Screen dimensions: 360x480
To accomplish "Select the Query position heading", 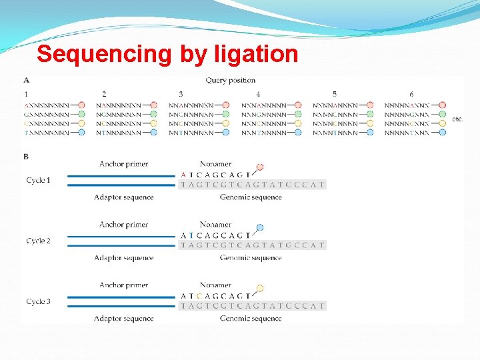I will pos(230,81).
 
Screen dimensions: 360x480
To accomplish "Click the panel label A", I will pos(26,81).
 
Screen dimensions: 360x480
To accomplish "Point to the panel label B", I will pos(26,157).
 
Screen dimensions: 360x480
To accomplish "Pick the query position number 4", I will pos(258,95).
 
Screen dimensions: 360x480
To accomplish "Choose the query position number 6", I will pos(411,95).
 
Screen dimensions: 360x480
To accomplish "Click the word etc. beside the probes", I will pos(457,119).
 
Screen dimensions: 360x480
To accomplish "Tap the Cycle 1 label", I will pos(39,181).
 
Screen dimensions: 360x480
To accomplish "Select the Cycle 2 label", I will pos(39,241).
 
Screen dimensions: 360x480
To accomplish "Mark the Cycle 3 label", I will pos(39,301).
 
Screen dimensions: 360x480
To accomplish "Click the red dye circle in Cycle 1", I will pos(260,167).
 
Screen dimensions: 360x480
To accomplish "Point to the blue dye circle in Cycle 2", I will pos(260,227).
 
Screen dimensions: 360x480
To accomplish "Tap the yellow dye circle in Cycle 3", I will pos(260,288).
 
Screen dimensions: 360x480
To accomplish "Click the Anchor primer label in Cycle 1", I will pos(123,164).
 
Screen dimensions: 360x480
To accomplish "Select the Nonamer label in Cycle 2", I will pos(215,225).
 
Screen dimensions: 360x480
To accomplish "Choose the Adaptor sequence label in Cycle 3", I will pos(124,319).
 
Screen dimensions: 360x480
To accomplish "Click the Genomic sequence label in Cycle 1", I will pos(251,197).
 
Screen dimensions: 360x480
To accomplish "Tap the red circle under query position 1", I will pos(81,105).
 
